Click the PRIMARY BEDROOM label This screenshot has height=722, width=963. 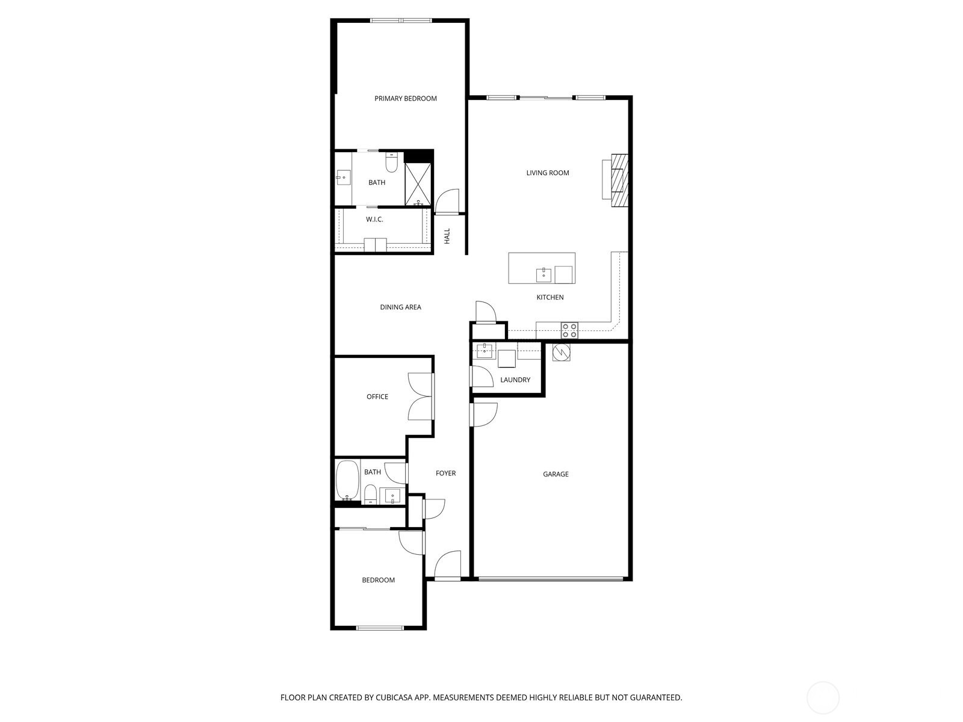tap(405, 99)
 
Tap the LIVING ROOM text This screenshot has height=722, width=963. tap(547, 173)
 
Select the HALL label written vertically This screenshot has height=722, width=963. tap(447, 236)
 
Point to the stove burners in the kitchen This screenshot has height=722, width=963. tap(569, 330)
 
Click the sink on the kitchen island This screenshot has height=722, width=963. tap(543, 276)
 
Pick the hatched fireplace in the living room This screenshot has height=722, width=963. tap(619, 180)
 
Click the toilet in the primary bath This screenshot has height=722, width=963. tap(391, 163)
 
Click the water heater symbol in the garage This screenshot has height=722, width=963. tap(561, 352)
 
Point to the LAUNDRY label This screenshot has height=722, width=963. tap(515, 380)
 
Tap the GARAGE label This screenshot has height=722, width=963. tap(556, 475)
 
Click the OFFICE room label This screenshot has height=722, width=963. tap(377, 397)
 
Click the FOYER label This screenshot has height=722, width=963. tap(445, 474)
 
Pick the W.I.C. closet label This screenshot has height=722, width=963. tap(374, 220)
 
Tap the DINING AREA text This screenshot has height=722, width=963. tap(400, 307)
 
